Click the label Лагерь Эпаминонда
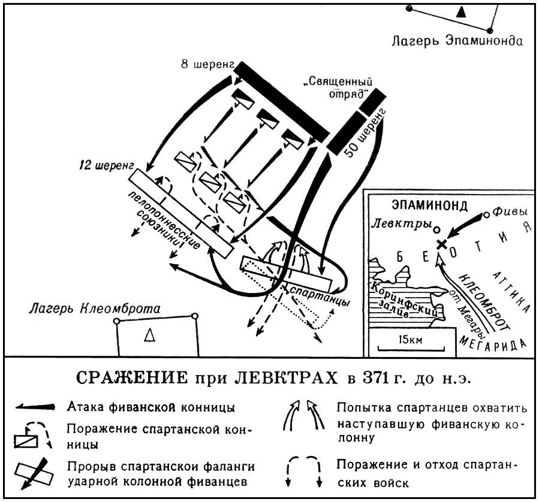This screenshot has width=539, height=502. (x=457, y=42)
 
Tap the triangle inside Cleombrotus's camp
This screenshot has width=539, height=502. (x=149, y=337)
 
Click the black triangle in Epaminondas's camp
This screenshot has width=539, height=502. (x=460, y=11)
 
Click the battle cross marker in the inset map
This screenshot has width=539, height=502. (x=442, y=244)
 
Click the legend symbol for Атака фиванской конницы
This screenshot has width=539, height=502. (x=37, y=407)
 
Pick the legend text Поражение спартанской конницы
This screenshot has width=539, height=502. (x=159, y=437)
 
